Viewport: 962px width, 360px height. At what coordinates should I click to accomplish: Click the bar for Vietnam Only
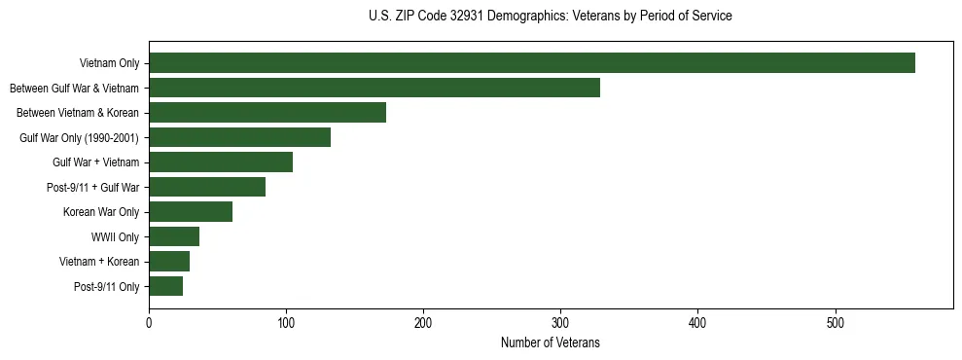coord(532,63)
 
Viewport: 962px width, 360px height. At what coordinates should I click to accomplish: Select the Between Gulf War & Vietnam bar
coord(374,88)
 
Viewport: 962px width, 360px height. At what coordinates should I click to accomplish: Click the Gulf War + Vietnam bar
coord(221,162)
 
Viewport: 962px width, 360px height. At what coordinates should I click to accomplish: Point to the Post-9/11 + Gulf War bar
coord(207,187)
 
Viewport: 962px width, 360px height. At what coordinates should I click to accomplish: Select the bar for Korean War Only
coord(191,212)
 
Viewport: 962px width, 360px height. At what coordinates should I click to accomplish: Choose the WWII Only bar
coord(174,236)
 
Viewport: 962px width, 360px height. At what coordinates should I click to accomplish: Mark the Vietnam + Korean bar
coord(169,262)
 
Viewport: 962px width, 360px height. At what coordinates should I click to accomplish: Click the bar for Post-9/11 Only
coord(165,286)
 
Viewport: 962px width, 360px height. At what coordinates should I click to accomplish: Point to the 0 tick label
coord(149,323)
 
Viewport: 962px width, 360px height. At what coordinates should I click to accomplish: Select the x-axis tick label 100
coord(286,323)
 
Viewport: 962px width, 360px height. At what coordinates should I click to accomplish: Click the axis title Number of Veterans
coord(550,343)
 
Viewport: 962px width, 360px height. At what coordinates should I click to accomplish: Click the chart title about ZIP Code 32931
coord(550,17)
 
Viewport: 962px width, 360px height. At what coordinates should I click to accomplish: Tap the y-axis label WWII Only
coord(115,237)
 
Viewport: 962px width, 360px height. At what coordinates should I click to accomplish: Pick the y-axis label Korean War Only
coord(101,212)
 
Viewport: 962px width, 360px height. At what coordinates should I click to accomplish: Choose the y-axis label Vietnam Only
coord(109,64)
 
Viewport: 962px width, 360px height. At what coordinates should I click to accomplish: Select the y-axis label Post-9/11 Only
coord(106,287)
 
